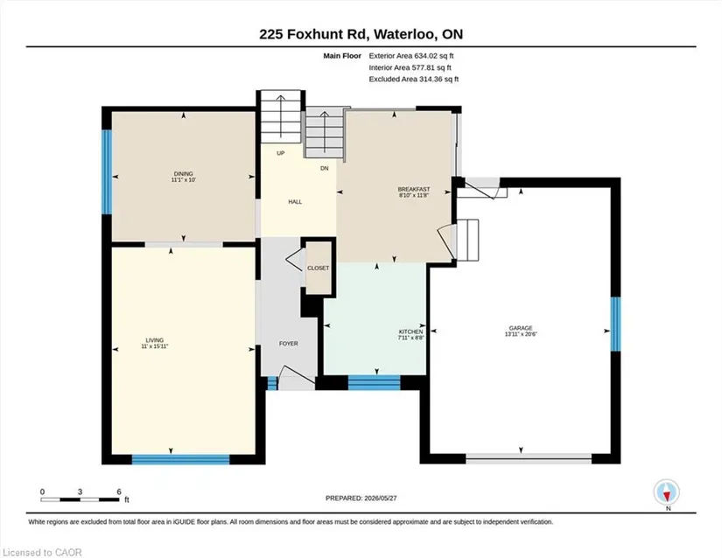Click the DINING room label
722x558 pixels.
tap(183, 174)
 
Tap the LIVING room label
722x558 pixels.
tap(155, 340)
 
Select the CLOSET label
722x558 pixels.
tap(319, 269)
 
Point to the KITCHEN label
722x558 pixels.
tap(410, 331)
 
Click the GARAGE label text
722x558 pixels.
tap(521, 328)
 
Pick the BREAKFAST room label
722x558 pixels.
tap(414, 189)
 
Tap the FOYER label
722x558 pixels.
tap(289, 344)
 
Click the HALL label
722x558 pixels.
tap(295, 201)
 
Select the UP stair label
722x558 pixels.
tap(281, 153)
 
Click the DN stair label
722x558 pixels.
tap(325, 169)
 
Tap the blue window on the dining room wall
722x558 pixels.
tap(107, 172)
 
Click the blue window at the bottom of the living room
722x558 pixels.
tap(180, 459)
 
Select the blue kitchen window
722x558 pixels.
tap(374, 383)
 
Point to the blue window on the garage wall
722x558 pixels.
tap(615, 324)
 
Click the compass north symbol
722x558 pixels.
tap(666, 492)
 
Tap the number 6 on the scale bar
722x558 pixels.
tap(119, 492)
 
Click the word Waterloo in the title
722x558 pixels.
tap(404, 34)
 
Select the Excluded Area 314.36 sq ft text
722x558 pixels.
tap(413, 79)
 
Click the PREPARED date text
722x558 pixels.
tap(361, 498)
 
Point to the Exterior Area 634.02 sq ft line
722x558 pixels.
tap(411, 56)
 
